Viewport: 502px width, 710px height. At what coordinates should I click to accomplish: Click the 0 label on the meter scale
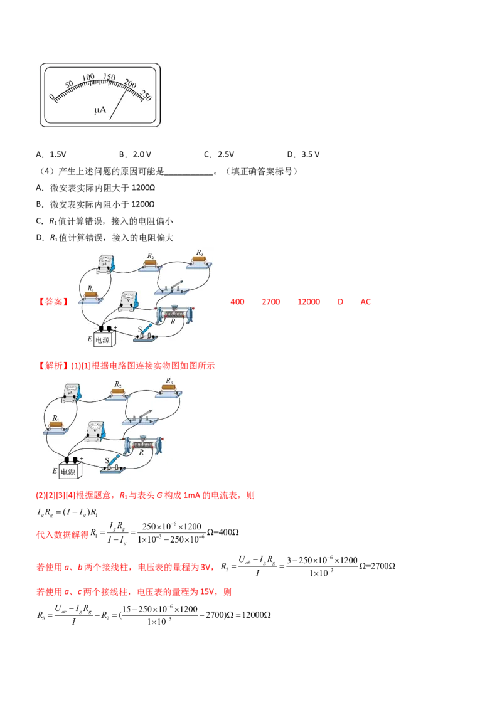52,95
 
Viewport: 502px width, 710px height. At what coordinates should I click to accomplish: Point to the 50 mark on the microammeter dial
69,83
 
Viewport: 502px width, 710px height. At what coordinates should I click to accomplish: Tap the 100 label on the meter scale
88,77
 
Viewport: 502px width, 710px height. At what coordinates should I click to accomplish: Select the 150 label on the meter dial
109,77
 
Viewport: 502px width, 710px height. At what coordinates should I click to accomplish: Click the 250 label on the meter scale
147,95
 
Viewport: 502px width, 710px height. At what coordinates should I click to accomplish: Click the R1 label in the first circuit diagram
90,289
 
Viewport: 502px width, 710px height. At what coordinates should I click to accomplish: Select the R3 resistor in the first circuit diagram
200,260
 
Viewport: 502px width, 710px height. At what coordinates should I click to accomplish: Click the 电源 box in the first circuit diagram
105,339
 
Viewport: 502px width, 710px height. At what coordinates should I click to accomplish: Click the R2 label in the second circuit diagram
118,383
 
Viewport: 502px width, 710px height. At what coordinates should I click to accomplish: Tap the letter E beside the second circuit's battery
55,470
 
